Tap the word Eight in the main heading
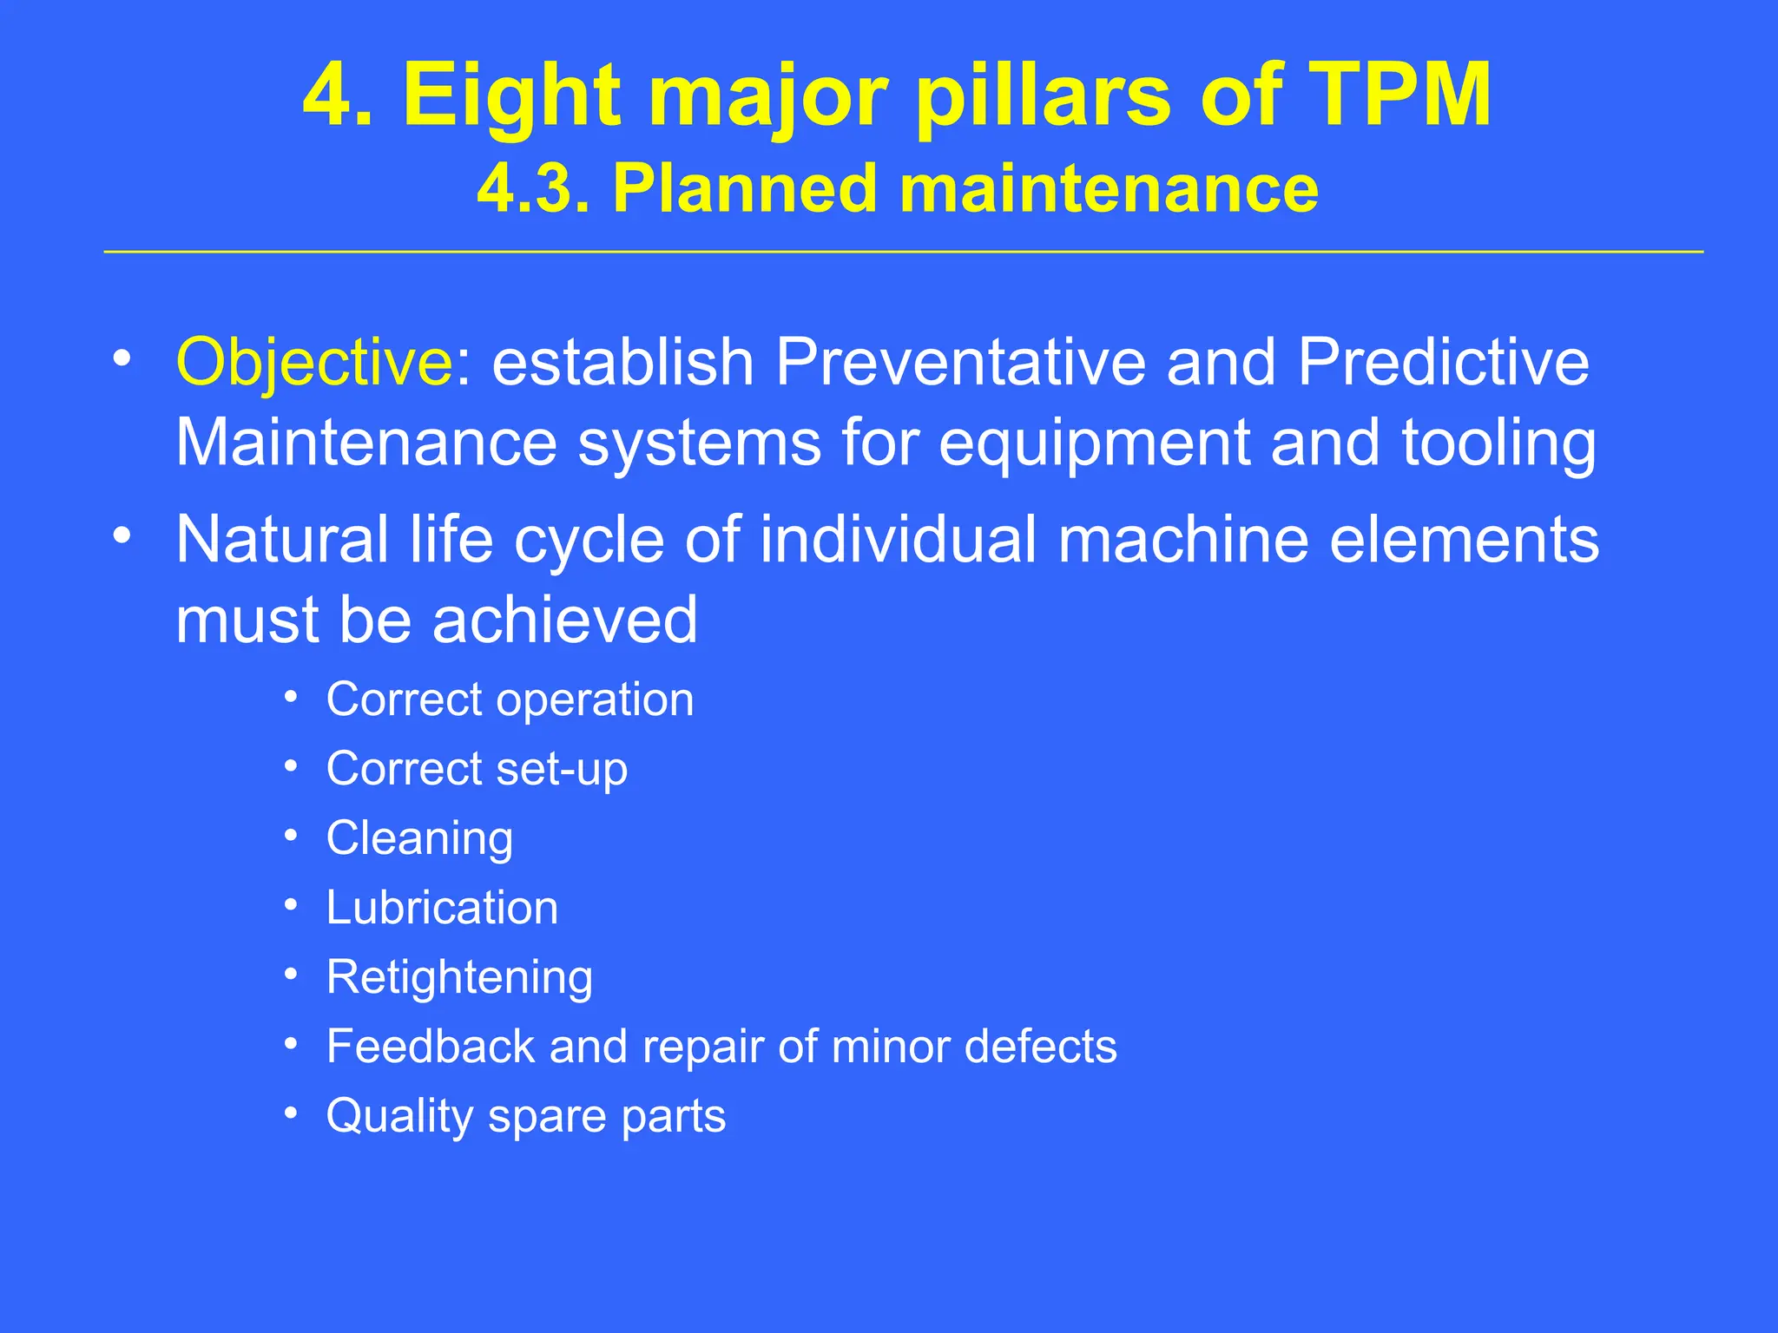(512, 95)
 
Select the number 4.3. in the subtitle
(533, 188)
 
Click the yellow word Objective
(313, 363)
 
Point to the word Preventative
(960, 363)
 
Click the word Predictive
(1443, 363)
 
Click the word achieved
(565, 620)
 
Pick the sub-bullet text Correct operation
(510, 699)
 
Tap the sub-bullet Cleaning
(419, 839)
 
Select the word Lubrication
(442, 908)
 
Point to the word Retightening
(459, 978)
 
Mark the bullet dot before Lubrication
(292, 905)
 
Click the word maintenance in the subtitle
(1109, 188)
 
